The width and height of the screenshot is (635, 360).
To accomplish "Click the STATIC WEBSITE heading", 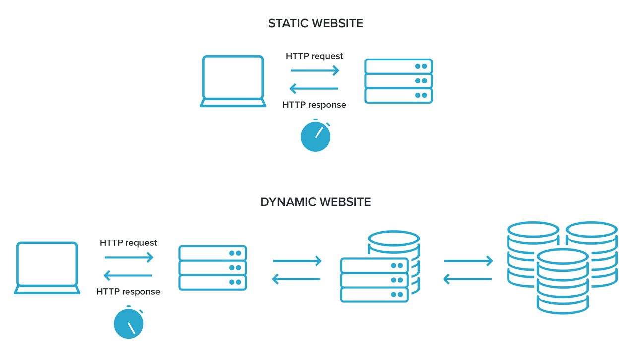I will (x=316, y=23).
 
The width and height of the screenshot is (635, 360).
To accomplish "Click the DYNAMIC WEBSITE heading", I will (x=316, y=202).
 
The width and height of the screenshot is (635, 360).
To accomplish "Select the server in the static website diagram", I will (x=398, y=81).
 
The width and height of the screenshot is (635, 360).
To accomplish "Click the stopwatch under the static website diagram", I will (x=316, y=136).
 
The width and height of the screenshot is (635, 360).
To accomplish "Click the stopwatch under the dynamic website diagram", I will (x=128, y=323).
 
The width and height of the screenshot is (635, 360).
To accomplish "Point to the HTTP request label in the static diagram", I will (x=315, y=56).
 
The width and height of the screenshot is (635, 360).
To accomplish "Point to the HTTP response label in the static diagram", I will (x=315, y=105).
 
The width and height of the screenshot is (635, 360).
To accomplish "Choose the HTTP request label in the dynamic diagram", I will (x=128, y=243).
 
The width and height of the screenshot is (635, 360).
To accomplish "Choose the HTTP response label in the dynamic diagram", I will (x=128, y=292).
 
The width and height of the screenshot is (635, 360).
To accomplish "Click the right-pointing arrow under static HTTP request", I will (x=315, y=71).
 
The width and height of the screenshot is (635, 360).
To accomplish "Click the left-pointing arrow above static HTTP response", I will (x=314, y=89).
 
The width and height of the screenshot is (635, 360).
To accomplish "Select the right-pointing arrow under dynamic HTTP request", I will (x=129, y=257).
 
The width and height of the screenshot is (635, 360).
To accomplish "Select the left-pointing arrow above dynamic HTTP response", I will (x=128, y=275).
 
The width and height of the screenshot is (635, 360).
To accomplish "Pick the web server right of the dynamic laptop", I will (x=212, y=268).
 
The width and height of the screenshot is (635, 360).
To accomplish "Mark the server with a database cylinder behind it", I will (x=375, y=280).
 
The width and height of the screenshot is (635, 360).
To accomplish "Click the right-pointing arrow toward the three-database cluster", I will (x=468, y=261).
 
